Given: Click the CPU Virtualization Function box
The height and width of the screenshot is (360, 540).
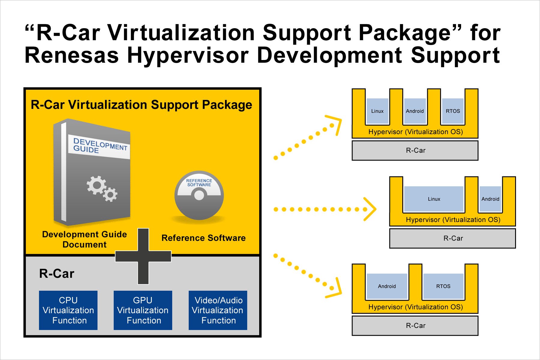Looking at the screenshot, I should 68,310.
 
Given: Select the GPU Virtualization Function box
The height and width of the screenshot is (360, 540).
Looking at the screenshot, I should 143,310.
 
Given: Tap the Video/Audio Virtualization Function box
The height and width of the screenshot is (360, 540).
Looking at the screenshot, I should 218,310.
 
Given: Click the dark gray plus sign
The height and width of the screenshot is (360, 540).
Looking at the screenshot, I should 143,256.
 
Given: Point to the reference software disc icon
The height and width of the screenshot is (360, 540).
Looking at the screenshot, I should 199,195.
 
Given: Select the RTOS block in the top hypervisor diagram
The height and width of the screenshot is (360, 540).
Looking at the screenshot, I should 453,111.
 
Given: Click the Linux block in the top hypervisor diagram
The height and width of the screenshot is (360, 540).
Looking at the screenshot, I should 377,111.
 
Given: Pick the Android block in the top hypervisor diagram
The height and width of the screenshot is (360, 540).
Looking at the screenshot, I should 415,111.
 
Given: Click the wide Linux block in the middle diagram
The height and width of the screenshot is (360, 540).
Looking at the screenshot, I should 434,199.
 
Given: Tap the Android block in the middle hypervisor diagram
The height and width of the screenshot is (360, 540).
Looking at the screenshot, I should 490,199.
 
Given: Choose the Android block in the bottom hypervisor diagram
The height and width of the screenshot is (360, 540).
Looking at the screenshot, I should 387,286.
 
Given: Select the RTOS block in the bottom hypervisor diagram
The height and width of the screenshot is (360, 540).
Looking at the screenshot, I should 443,286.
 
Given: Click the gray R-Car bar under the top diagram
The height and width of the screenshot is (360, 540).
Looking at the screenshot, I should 415,151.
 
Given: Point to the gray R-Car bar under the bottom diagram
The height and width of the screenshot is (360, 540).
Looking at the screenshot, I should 415,325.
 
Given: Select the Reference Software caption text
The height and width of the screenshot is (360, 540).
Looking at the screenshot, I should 203,238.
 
